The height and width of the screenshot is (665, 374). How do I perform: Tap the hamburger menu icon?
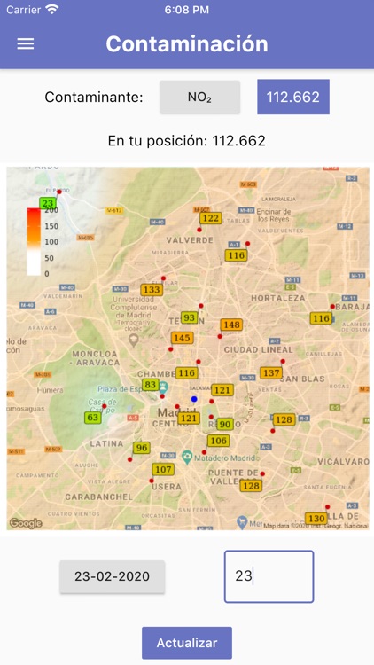coord(26,43)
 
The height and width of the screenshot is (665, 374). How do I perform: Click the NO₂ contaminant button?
coord(199,98)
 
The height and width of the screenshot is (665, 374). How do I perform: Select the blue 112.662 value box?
coord(292,98)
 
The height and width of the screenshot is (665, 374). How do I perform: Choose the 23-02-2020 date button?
coord(112,576)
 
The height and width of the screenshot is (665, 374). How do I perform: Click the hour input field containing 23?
coord(269,576)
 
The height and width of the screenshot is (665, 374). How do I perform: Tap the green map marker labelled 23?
coord(48,203)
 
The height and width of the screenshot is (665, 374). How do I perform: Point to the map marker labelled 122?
coord(210,218)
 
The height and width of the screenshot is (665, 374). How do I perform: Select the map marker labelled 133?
coord(152,290)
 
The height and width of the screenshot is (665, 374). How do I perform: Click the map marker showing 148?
coord(231,325)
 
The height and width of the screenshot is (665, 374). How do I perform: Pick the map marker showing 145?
coord(182,338)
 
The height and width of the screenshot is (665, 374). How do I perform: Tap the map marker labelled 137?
coord(270,373)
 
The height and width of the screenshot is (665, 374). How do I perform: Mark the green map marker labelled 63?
coord(93,417)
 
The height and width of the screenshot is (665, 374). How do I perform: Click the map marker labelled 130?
coord(316,518)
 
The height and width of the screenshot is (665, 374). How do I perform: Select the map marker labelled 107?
coord(163,469)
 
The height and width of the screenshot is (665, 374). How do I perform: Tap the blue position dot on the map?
coord(194,400)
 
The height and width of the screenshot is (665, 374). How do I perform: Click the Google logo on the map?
coord(26,522)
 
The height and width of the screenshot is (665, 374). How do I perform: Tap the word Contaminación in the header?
coord(187,43)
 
